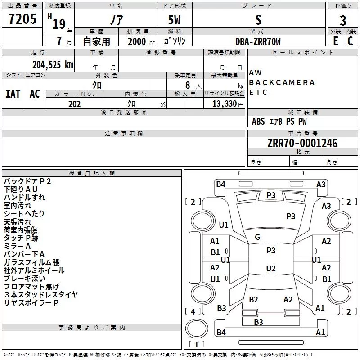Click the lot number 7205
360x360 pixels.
click(x=22, y=19)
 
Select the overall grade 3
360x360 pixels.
click(x=343, y=21)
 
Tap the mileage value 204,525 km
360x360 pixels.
click(x=53, y=65)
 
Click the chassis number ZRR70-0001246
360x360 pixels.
click(x=302, y=143)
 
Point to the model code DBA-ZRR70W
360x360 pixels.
click(x=258, y=41)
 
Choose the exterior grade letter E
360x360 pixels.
click(x=335, y=41)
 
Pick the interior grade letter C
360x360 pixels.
click(x=350, y=41)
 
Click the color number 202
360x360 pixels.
click(x=74, y=104)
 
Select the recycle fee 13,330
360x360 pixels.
click(x=224, y=103)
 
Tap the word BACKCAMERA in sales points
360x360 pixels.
click(x=282, y=82)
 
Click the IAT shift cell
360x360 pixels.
click(x=13, y=94)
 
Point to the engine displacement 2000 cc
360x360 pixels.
click(x=141, y=41)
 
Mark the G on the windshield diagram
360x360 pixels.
click(x=257, y=237)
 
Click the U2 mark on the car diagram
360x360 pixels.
click(x=271, y=268)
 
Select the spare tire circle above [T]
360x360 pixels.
click(x=197, y=328)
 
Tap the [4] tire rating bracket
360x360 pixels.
click(x=193, y=311)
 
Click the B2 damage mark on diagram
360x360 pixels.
click(x=253, y=299)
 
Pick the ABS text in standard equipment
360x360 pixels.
click(x=258, y=121)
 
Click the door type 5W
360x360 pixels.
click(x=174, y=20)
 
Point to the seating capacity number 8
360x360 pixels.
click(x=188, y=85)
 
